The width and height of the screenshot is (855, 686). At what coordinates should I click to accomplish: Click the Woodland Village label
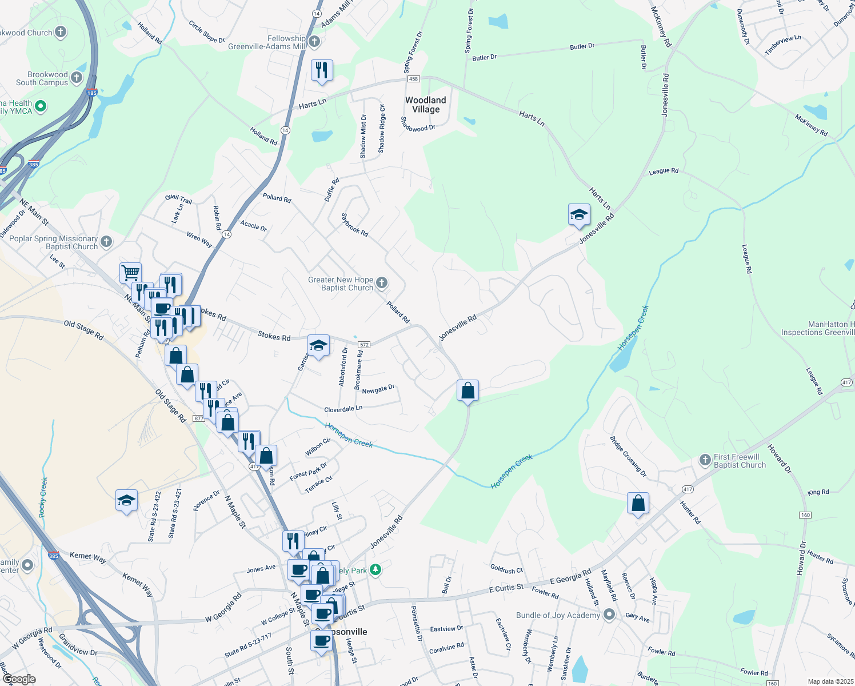pyautogui.click(x=426, y=105)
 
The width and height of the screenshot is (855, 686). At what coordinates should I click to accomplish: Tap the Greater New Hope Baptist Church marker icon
pyautogui.click(x=382, y=283)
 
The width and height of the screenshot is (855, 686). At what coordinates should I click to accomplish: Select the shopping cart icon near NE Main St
pyautogui.click(x=130, y=273)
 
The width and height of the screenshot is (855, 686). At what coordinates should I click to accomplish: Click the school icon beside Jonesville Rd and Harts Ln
pyautogui.click(x=579, y=214)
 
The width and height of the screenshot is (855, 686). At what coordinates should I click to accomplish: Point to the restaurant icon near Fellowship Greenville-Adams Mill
pyautogui.click(x=322, y=70)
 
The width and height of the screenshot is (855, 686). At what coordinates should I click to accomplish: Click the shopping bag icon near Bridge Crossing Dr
pyautogui.click(x=638, y=504)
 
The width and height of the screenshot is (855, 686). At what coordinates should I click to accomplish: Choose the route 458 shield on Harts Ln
pyautogui.click(x=414, y=79)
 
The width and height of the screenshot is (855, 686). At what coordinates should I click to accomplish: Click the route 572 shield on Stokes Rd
pyautogui.click(x=364, y=345)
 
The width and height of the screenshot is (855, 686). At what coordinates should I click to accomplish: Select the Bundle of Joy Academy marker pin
pyautogui.click(x=609, y=615)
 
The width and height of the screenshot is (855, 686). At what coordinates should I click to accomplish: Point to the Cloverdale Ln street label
pyautogui.click(x=343, y=409)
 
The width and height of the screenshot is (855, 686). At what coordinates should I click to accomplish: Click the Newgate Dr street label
pyautogui.click(x=378, y=390)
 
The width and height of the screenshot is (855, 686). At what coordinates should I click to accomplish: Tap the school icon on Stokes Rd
pyautogui.click(x=318, y=345)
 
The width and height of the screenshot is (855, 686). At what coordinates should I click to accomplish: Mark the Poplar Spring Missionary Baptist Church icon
pyautogui.click(x=106, y=242)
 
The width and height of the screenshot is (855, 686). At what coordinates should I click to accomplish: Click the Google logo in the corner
pyautogui.click(x=19, y=679)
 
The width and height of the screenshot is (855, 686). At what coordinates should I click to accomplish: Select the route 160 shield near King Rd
pyautogui.click(x=805, y=515)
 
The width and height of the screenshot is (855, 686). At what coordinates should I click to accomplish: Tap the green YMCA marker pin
pyautogui.click(x=41, y=106)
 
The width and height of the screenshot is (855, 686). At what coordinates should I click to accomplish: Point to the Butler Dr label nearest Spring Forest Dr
pyautogui.click(x=484, y=57)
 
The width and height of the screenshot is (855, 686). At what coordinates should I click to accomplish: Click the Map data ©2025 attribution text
pyautogui.click(x=830, y=681)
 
